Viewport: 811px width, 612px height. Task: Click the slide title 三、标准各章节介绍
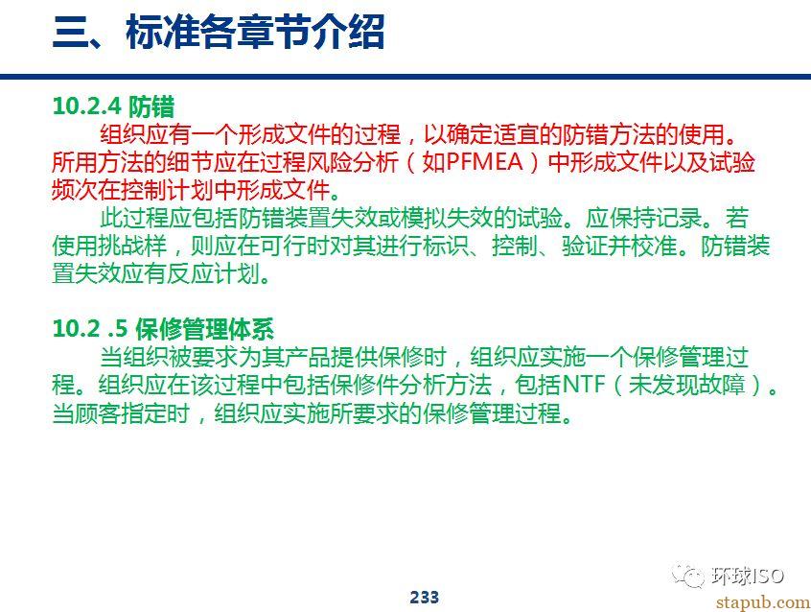(219, 32)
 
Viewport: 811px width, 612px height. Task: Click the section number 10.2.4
(87, 106)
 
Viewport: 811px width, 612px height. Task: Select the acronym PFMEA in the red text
(484, 162)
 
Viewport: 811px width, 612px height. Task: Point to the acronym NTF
(583, 385)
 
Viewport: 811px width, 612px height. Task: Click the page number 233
(424, 597)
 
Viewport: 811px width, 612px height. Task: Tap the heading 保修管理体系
(204, 329)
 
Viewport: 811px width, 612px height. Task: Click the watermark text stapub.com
(763, 601)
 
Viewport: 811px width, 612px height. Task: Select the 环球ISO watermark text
(748, 576)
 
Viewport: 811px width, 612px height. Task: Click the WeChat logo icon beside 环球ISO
(688, 575)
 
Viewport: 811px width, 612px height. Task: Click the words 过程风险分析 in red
(330, 162)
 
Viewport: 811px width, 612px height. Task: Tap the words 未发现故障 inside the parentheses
(687, 385)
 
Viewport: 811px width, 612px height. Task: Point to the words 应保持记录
(643, 218)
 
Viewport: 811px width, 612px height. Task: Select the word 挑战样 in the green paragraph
(132, 246)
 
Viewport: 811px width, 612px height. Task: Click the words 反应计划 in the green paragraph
(213, 272)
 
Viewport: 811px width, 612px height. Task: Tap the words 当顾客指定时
(122, 413)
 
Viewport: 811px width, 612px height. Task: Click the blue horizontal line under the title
(405, 77)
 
